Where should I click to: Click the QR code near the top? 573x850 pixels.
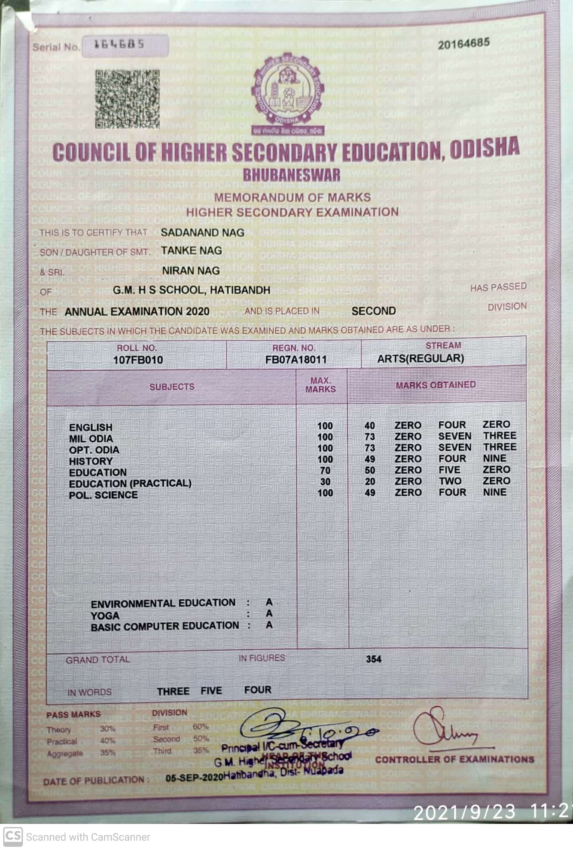point(127,99)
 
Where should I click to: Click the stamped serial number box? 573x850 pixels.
point(125,45)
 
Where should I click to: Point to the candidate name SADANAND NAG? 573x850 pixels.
point(202,232)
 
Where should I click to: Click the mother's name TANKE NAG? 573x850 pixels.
point(191,251)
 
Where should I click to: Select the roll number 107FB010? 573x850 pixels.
point(138,359)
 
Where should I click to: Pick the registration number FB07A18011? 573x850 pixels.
point(296,359)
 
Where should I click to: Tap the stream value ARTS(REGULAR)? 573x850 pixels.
point(420,359)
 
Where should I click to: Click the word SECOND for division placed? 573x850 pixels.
point(373,311)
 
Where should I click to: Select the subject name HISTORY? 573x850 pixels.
point(91,461)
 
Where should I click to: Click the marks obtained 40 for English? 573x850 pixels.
point(370,426)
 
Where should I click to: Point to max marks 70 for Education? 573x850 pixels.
point(325,470)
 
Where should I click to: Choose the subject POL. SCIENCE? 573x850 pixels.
point(103,495)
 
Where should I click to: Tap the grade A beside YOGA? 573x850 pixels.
point(269,614)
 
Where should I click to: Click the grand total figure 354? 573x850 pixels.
point(373,659)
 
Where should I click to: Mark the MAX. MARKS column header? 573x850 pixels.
point(321,385)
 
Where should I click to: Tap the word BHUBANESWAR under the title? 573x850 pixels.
point(291,175)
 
